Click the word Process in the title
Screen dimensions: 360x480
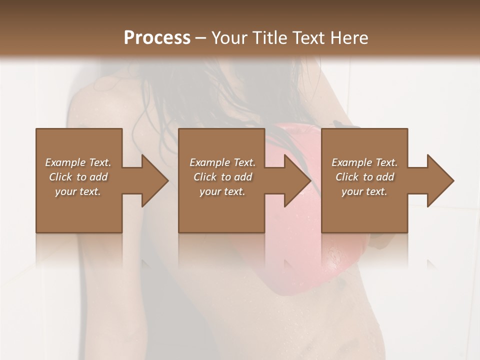157,38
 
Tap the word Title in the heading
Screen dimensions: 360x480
269,38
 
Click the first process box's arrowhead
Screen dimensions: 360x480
152,180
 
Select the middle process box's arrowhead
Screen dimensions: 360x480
295,180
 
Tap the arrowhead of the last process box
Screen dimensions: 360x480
438,180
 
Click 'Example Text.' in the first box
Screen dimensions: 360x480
78,162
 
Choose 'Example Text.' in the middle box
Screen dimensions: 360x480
222,162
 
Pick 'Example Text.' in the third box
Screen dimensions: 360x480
364,162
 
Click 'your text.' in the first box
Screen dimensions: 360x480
78,191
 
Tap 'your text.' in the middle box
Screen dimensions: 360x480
222,191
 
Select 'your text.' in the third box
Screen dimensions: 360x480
364,191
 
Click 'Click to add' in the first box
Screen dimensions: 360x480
78,177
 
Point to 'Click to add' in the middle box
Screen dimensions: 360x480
222,177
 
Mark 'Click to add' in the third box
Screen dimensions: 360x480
364,177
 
